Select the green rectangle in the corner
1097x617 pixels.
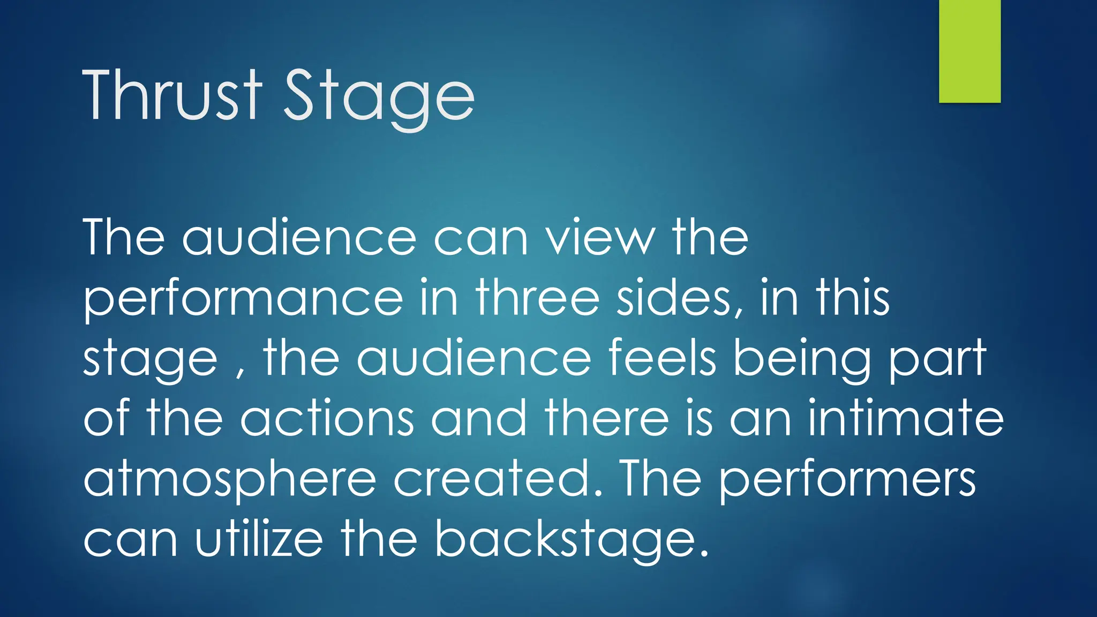coord(970,51)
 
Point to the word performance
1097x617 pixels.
coord(243,300)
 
